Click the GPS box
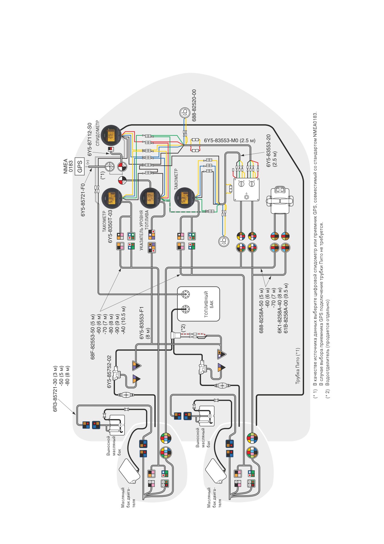(x=80, y=166)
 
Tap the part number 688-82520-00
(x=194, y=105)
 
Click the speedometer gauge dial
(x=111, y=135)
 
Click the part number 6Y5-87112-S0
(x=90, y=139)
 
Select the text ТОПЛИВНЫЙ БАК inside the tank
(x=209, y=304)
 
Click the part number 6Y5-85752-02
(x=109, y=372)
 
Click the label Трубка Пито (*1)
(x=298, y=366)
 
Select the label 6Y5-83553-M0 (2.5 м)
(x=230, y=140)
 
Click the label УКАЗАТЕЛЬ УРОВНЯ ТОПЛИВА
(x=144, y=230)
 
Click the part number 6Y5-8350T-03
(x=110, y=227)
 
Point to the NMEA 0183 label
(x=68, y=166)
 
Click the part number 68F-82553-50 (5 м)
(x=93, y=337)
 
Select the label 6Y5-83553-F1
(x=142, y=323)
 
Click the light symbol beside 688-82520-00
(x=185, y=112)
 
